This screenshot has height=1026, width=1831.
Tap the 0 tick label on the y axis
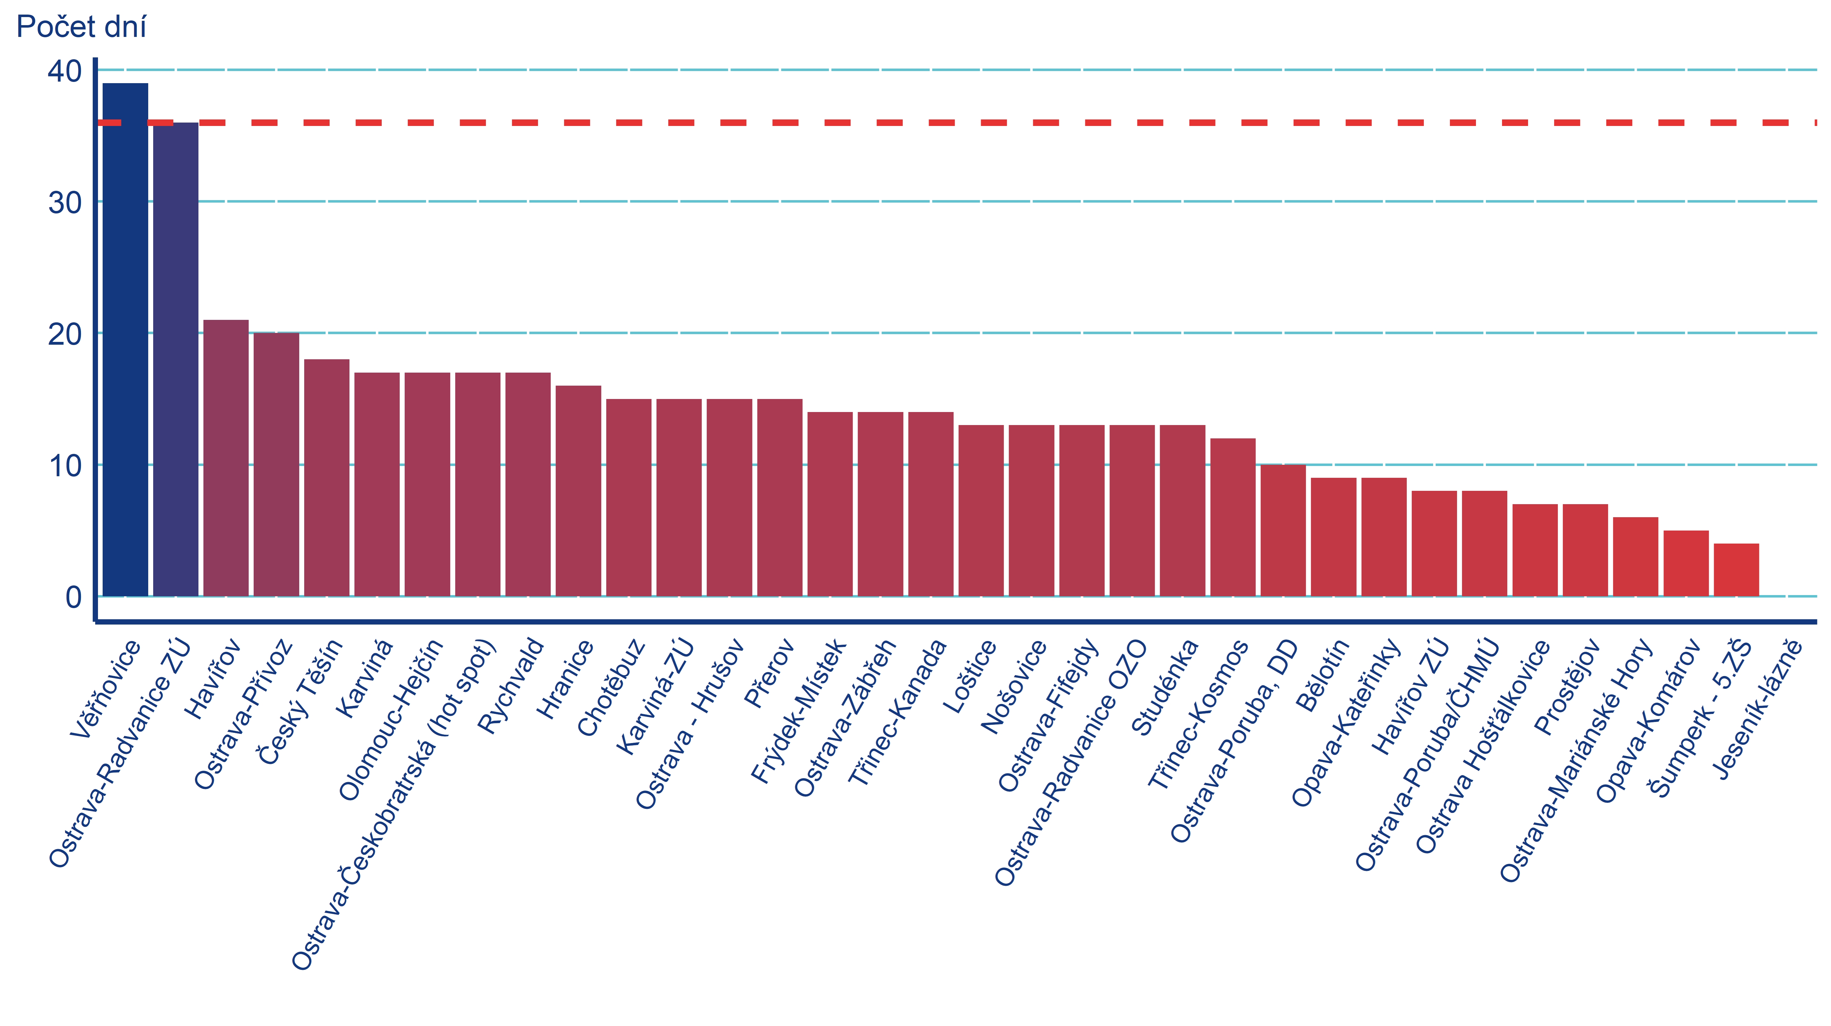73,597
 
